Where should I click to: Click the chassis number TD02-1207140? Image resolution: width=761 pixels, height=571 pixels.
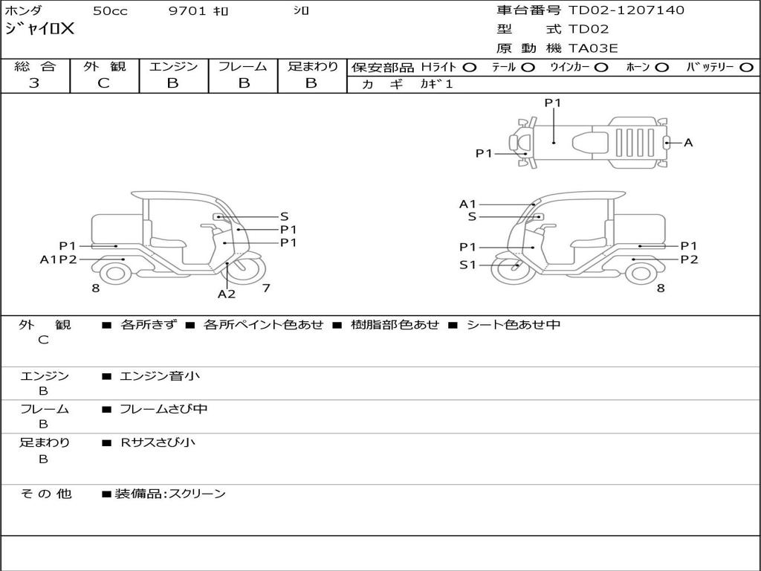pyautogui.click(x=626, y=10)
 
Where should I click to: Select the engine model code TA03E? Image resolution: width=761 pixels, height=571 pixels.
pyautogui.click(x=593, y=49)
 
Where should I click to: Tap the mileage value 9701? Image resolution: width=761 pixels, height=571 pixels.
pyautogui.click(x=189, y=11)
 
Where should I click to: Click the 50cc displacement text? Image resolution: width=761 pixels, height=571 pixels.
pyautogui.click(x=109, y=11)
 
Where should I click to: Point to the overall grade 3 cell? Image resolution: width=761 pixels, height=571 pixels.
pyautogui.click(x=34, y=83)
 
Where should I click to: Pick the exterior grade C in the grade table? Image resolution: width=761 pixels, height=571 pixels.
pyautogui.click(x=104, y=83)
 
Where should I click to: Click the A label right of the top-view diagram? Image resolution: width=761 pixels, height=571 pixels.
pyautogui.click(x=688, y=143)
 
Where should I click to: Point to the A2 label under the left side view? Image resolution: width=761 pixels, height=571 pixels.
pyautogui.click(x=227, y=294)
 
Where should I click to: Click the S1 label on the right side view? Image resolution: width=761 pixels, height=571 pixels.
pyautogui.click(x=467, y=265)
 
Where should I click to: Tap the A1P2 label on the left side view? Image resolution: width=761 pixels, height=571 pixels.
pyautogui.click(x=59, y=259)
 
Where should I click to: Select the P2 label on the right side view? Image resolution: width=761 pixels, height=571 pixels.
pyautogui.click(x=690, y=259)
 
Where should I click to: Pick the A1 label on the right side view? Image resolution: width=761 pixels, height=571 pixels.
pyautogui.click(x=467, y=204)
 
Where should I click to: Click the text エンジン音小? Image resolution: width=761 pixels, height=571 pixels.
pyautogui.click(x=160, y=376)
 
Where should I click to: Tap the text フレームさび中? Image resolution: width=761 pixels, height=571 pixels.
pyautogui.click(x=163, y=409)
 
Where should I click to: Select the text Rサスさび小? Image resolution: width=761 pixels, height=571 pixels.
pyautogui.click(x=158, y=442)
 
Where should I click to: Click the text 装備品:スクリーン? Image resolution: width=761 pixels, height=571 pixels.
pyautogui.click(x=170, y=494)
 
